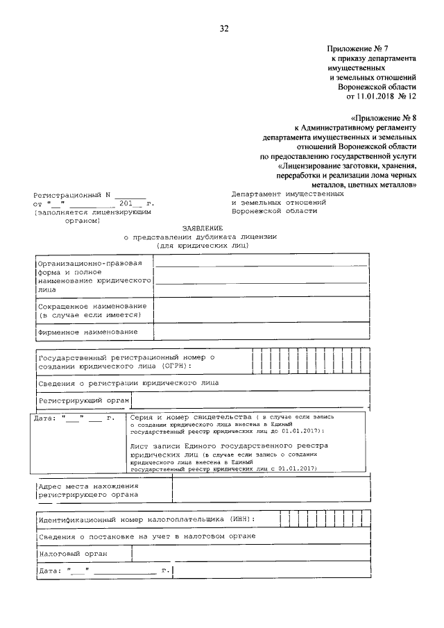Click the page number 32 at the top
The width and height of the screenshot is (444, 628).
223,28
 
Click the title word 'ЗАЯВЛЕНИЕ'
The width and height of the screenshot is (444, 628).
202,228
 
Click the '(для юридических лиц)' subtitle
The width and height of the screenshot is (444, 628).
202,246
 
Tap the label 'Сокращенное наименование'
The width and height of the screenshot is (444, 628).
92,306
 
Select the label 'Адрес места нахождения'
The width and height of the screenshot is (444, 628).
89,486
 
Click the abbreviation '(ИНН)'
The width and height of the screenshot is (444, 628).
239,518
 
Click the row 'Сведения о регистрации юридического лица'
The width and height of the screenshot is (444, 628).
128,382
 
